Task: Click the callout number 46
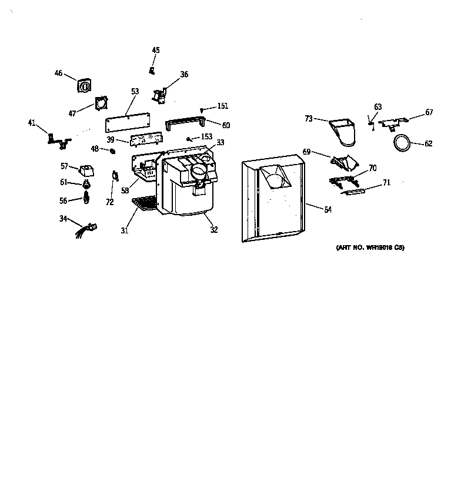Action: (x=58, y=73)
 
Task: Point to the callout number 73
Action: (x=309, y=119)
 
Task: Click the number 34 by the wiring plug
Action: (x=63, y=219)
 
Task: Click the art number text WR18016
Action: (x=370, y=247)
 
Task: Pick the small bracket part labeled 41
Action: (x=59, y=141)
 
